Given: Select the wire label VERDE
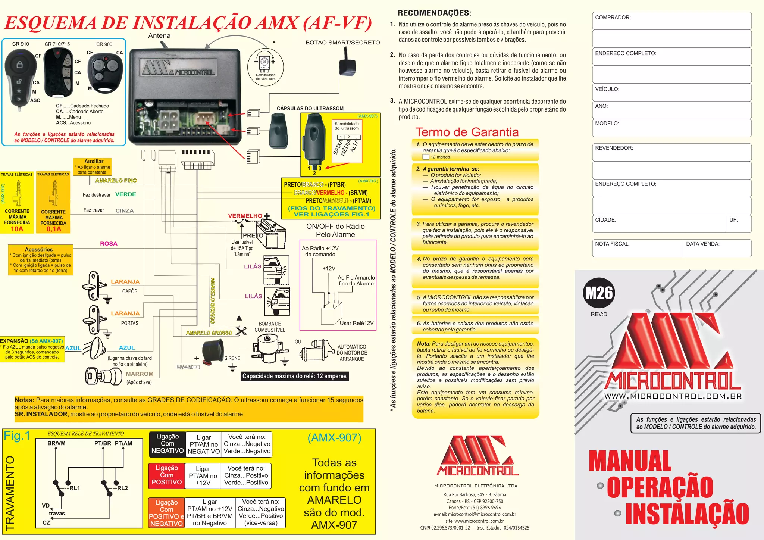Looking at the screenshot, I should coord(126,194).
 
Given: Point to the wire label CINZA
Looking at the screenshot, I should coord(125,210).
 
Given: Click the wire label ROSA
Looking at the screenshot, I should coord(109,244).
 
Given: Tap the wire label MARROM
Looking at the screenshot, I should coord(140,374).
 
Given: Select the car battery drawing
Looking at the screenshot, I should coord(270,233).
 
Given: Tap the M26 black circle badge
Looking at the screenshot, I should coord(599,293).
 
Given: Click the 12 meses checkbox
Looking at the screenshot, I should coord(426,157).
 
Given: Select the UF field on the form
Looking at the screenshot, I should coord(738,224).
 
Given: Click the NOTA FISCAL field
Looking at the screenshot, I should coord(637,248).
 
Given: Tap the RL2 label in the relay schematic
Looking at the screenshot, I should coord(122,488).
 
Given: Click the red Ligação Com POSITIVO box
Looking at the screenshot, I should coord(167,475).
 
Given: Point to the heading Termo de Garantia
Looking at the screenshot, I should coord(467,132).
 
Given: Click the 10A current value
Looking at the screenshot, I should coord(17,229).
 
